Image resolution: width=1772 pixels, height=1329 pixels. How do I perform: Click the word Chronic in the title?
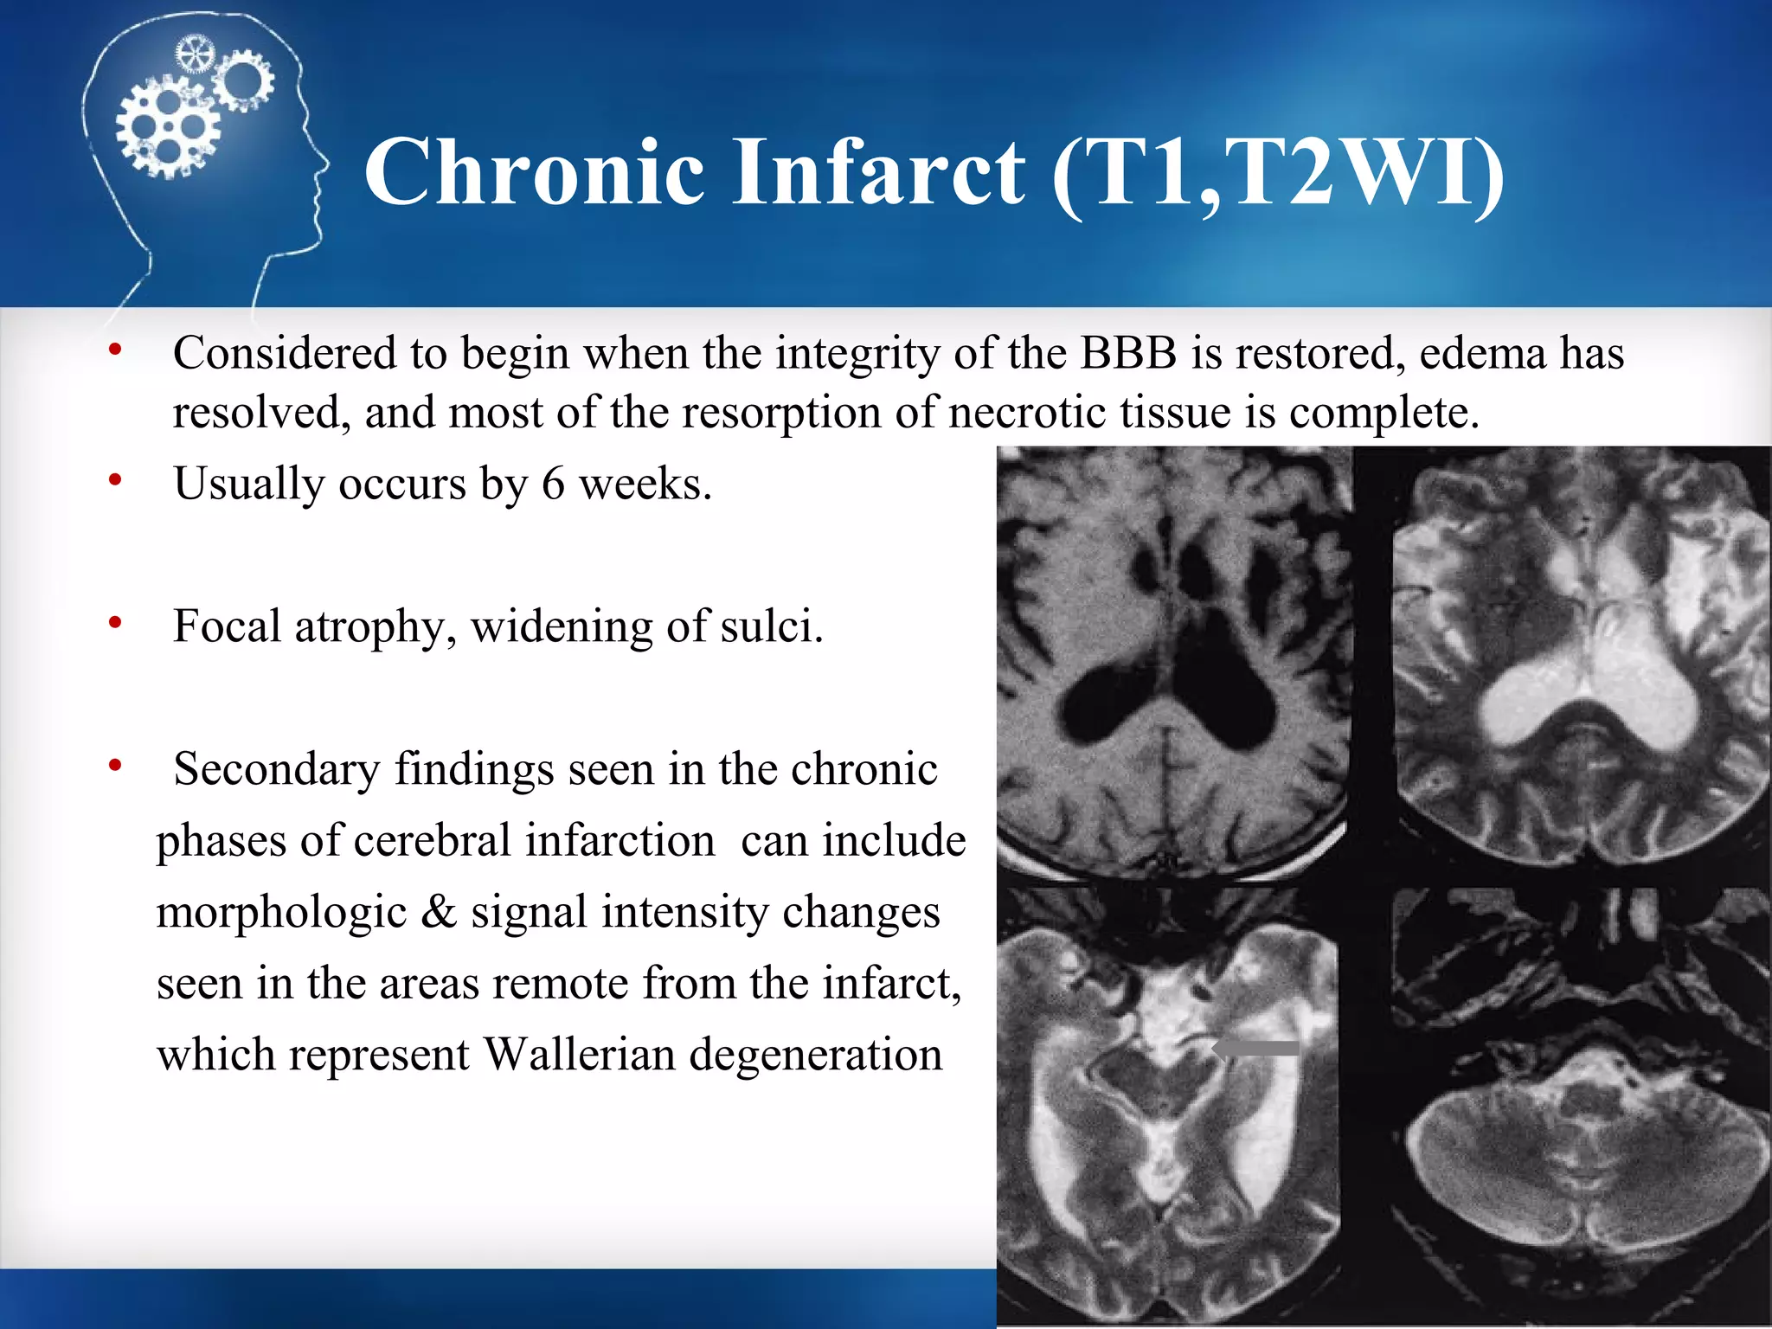pos(534,172)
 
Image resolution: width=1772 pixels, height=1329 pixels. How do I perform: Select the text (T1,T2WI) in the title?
pos(1280,172)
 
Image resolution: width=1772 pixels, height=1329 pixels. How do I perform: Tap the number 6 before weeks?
pos(553,484)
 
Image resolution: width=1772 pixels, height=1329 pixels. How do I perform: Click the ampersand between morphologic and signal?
pos(439,912)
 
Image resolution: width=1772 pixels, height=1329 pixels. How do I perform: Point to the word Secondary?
pos(276,769)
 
